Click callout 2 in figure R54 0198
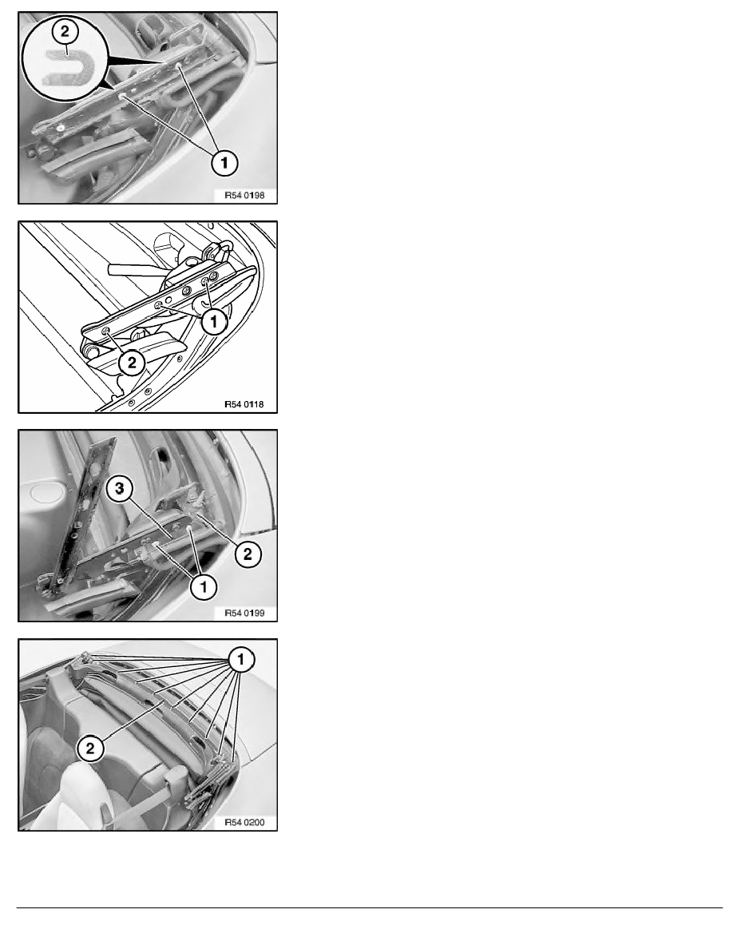pos(65,32)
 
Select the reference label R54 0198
pos(244,195)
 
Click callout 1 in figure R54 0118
pos(213,321)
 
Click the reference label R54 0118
pos(244,403)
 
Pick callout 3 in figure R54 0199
pos(120,488)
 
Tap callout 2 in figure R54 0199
pos(248,553)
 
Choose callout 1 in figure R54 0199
pos(203,586)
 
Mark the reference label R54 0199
pos(244,613)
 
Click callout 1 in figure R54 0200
pos(241,659)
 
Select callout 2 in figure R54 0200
pos(90,748)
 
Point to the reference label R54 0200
pos(244,822)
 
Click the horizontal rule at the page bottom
pos(370,907)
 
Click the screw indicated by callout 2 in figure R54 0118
pos(106,331)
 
